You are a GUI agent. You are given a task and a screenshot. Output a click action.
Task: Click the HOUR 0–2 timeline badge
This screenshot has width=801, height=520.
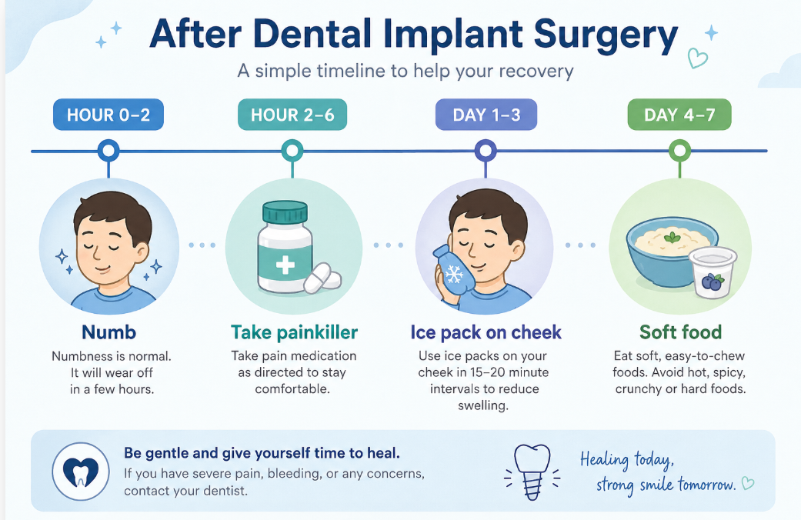108,115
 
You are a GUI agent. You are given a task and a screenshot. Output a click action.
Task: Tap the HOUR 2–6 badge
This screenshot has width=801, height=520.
292,115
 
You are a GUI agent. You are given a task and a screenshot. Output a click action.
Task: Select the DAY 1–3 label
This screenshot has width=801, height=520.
486,115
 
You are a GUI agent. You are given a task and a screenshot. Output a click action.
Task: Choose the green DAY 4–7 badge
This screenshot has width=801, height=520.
679,115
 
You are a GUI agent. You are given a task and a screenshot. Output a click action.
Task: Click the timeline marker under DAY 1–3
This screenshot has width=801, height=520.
486,151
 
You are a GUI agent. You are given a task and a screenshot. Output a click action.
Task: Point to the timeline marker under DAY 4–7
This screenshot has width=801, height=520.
679,151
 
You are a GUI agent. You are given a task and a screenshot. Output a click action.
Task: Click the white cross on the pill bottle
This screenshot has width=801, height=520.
285,265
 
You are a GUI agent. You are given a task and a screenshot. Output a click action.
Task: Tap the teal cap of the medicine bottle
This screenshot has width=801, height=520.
285,212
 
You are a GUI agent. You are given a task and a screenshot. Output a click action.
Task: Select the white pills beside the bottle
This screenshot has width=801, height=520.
322,279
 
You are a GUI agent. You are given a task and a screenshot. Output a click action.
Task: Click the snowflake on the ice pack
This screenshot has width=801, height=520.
453,275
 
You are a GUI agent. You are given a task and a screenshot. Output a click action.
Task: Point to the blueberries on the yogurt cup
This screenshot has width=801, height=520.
711,282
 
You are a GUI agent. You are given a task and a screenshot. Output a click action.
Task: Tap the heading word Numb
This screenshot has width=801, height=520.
108,332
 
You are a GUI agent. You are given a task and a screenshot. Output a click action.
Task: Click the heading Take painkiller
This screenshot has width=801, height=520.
294,332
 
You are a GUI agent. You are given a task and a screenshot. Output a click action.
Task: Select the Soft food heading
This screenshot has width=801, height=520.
680,332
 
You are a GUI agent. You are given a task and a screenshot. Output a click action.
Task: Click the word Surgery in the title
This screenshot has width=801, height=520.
606,35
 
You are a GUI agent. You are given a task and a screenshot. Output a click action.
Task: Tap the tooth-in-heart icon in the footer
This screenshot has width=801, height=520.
81,471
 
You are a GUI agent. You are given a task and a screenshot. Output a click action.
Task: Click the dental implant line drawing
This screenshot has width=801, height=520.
532,472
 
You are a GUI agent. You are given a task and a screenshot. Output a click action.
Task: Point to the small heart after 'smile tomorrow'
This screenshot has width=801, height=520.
748,483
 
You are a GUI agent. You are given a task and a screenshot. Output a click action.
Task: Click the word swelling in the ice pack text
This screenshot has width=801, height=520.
482,406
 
